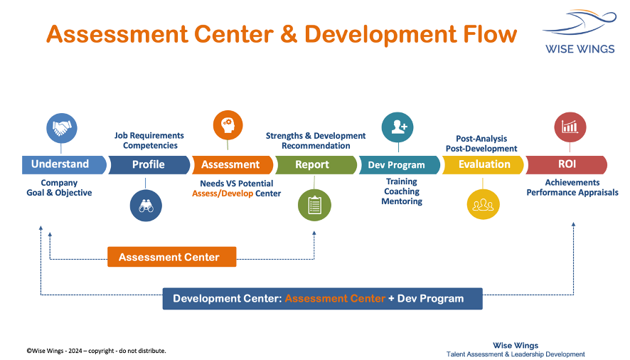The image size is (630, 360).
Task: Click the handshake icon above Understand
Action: tap(61, 128)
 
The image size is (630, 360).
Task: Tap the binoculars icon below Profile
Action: tap(146, 206)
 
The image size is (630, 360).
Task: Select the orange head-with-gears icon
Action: tap(228, 125)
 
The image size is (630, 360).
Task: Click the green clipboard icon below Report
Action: tap(314, 205)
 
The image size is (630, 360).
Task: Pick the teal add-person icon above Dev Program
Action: tap(397, 127)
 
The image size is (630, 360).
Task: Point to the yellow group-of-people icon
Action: tap(483, 204)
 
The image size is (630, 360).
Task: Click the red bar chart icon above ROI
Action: tap(570, 127)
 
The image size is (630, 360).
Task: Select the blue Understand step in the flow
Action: tap(64, 164)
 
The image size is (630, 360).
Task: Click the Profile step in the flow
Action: tap(149, 165)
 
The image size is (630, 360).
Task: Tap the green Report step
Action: tap(316, 165)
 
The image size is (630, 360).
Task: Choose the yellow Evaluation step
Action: tap(483, 165)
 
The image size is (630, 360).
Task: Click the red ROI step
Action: tap(566, 164)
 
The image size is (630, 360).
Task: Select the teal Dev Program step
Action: tap(400, 165)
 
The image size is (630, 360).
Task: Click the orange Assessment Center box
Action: tap(172, 257)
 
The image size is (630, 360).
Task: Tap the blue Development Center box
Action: tap(322, 298)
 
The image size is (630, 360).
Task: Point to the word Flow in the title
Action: tap(490, 34)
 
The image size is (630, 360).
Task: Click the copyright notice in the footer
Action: tap(97, 351)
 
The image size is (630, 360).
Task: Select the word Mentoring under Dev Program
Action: tap(402, 201)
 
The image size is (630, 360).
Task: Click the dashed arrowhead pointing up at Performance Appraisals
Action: tap(573, 224)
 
